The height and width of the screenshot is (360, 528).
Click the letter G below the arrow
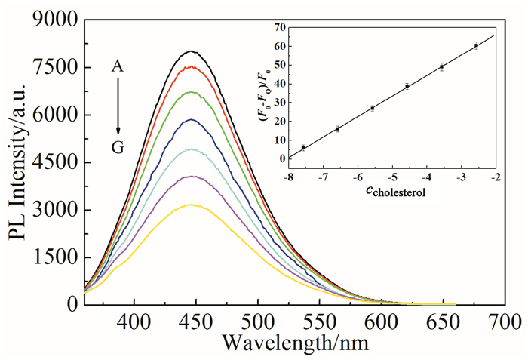[118, 148]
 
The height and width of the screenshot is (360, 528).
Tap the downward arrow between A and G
[118, 107]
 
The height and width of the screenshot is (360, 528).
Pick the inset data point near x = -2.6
[476, 45]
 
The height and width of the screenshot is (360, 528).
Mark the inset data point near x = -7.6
[303, 147]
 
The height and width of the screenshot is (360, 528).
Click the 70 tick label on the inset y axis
[279, 27]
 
